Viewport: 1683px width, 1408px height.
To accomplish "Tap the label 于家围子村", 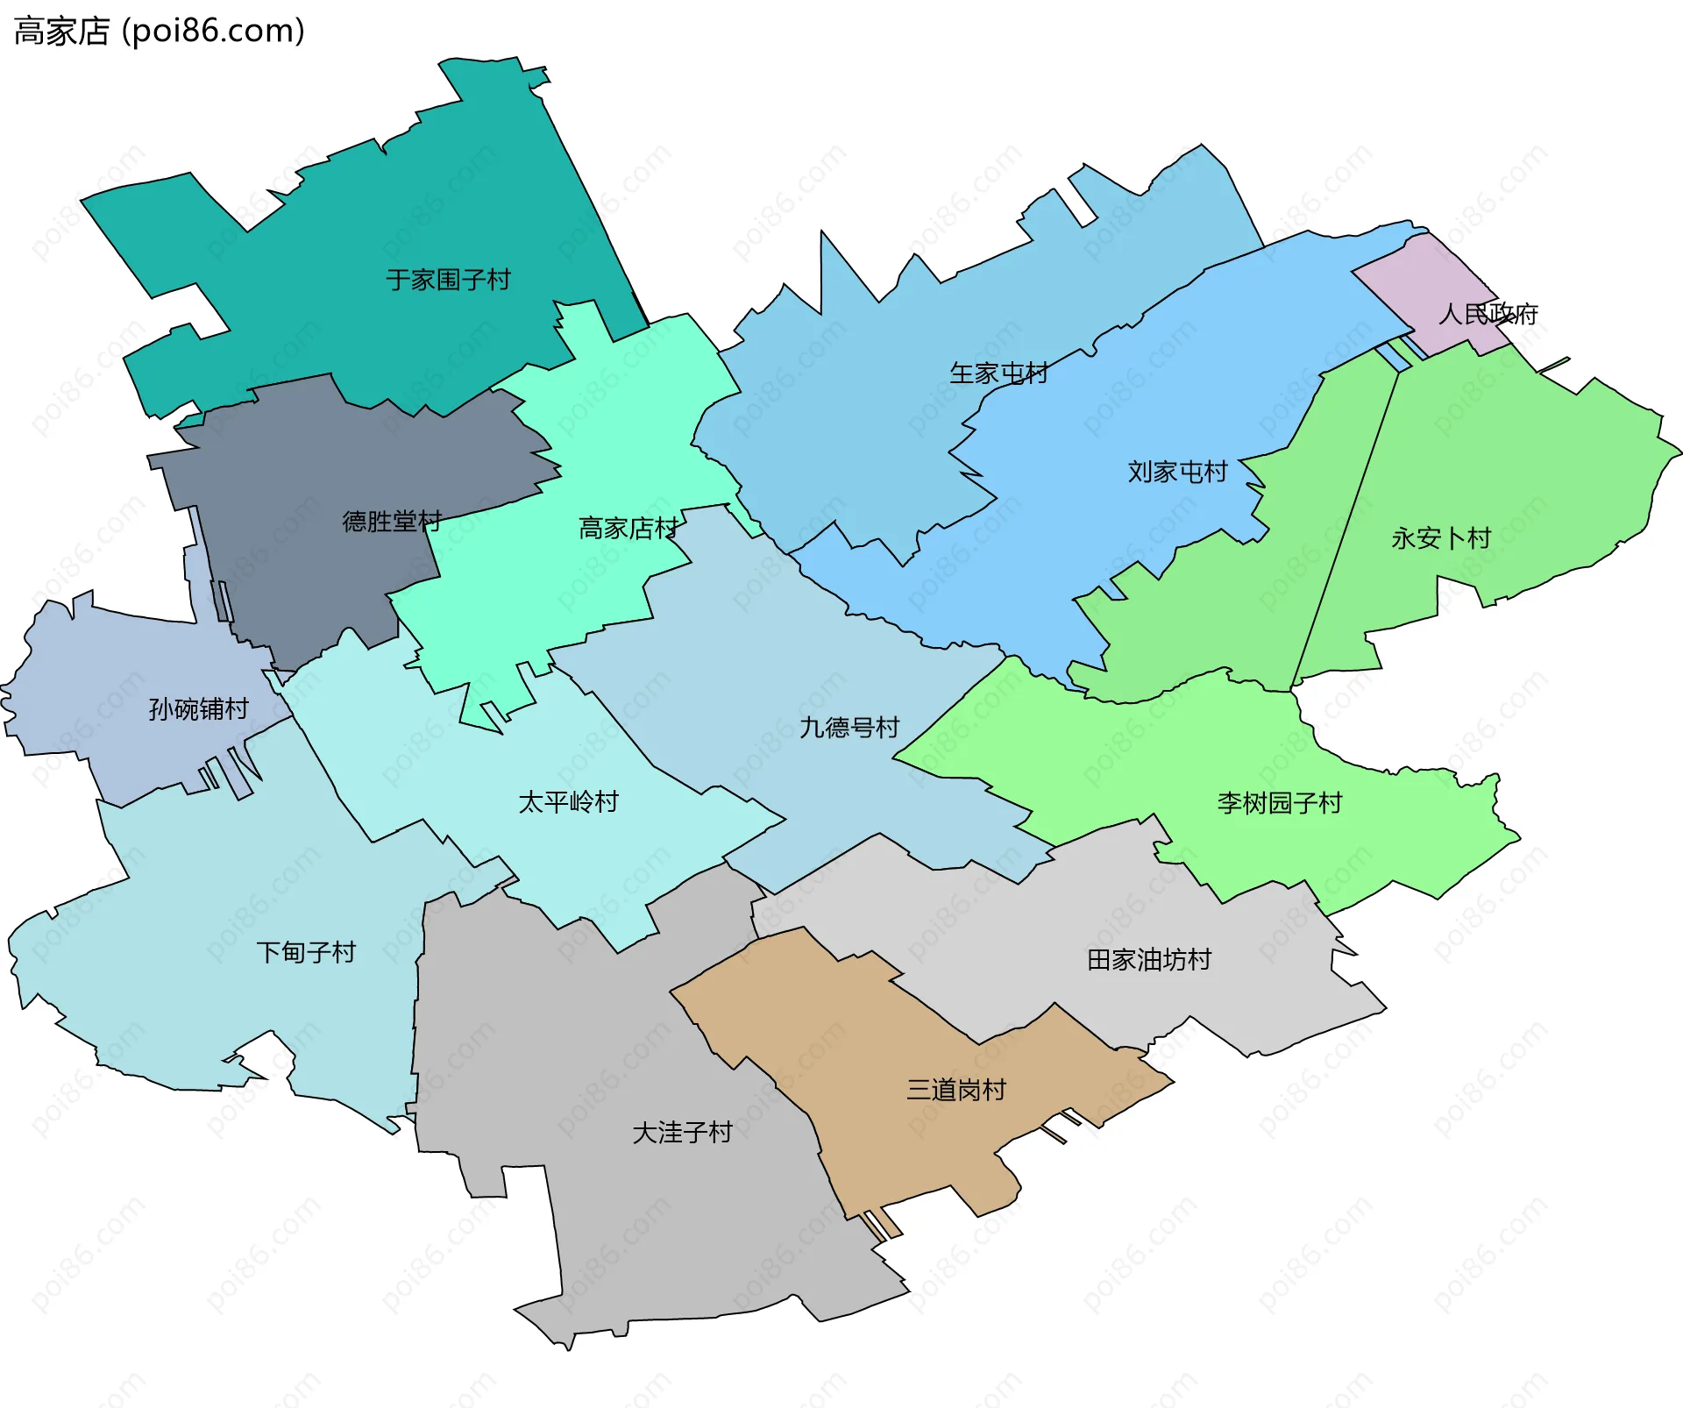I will [448, 280].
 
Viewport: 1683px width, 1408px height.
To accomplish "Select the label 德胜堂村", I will [391, 522].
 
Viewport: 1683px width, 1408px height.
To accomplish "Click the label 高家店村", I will [628, 528].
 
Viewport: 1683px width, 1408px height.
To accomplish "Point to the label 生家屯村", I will [998, 373].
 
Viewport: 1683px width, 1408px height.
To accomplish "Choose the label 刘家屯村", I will [1176, 472].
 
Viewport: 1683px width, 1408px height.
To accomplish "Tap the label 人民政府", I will [1488, 314].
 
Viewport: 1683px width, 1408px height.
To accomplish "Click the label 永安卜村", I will [1441, 538].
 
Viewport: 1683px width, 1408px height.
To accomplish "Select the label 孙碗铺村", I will [198, 708].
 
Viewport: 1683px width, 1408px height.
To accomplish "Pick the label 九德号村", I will [849, 727].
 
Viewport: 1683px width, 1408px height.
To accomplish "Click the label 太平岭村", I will [568, 801].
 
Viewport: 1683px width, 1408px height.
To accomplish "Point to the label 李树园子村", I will [1279, 802].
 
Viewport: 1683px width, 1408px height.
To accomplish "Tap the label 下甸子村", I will [306, 952].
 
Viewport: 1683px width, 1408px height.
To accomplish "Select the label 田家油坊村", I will [1148, 960].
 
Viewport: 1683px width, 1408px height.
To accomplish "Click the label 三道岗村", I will [955, 1090].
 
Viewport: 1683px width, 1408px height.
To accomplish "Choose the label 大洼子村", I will [682, 1133].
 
